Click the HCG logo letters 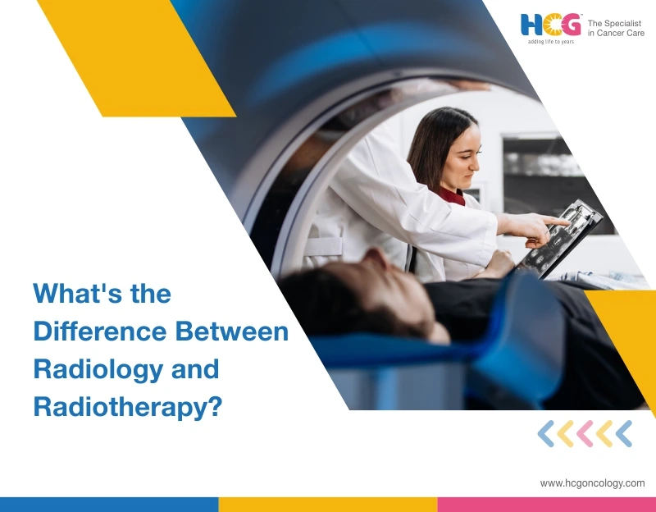(550, 25)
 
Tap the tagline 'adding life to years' (550, 42)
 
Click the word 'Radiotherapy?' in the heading (127, 407)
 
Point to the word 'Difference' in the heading (100, 331)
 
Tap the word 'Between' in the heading (232, 331)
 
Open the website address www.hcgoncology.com (592, 483)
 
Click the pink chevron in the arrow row (585, 434)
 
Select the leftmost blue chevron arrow (545, 434)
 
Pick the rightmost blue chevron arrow (624, 434)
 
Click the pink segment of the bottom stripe (546, 505)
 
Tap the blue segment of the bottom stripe (109, 505)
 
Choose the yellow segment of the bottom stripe (328, 505)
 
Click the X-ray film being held (559, 239)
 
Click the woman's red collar (453, 196)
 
